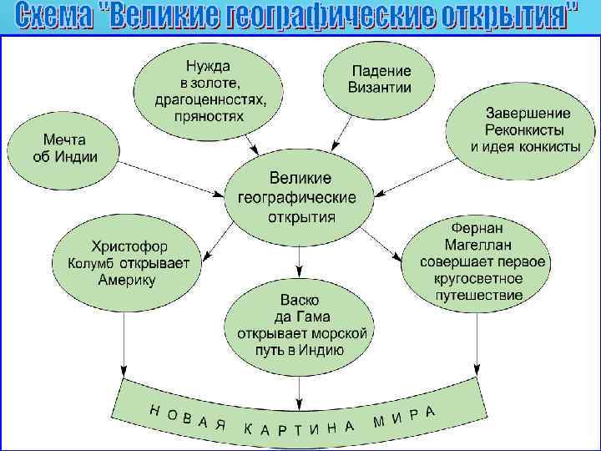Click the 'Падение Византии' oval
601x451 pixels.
380,79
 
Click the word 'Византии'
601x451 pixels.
381,87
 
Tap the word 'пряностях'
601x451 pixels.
210,116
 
